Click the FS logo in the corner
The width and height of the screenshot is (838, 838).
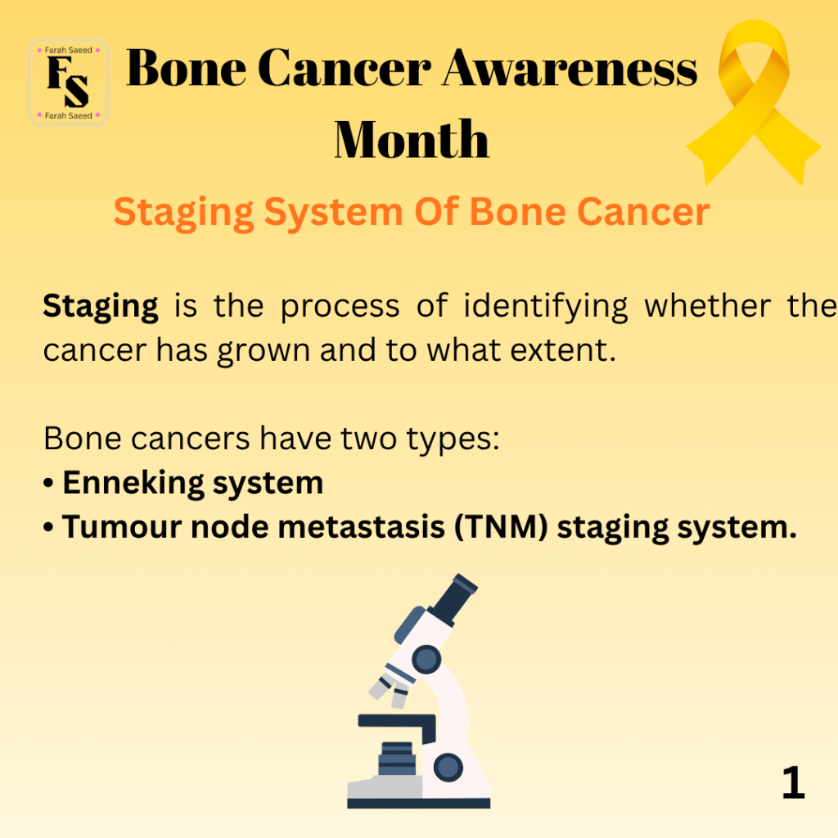pyautogui.click(x=69, y=83)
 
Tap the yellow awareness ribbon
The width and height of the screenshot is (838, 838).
pyautogui.click(x=754, y=101)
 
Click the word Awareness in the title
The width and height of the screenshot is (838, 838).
pyautogui.click(x=570, y=69)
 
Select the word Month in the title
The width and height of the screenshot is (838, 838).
pyautogui.click(x=412, y=139)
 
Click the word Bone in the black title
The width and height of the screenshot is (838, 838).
pyautogui.click(x=186, y=69)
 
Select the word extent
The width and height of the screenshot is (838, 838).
pyautogui.click(x=563, y=350)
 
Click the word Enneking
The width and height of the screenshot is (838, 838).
pyautogui.click(x=133, y=484)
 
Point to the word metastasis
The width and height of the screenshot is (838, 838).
pyautogui.click(x=361, y=528)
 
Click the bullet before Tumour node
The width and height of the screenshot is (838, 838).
pyautogui.click(x=48, y=528)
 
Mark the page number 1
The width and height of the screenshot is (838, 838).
pyautogui.click(x=793, y=782)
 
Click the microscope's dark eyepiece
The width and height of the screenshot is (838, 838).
pyautogui.click(x=453, y=597)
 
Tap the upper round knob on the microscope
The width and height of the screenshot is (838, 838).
pyautogui.click(x=426, y=659)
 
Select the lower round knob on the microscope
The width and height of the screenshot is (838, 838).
pyautogui.click(x=448, y=768)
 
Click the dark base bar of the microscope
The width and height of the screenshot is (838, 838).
pyautogui.click(x=418, y=804)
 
